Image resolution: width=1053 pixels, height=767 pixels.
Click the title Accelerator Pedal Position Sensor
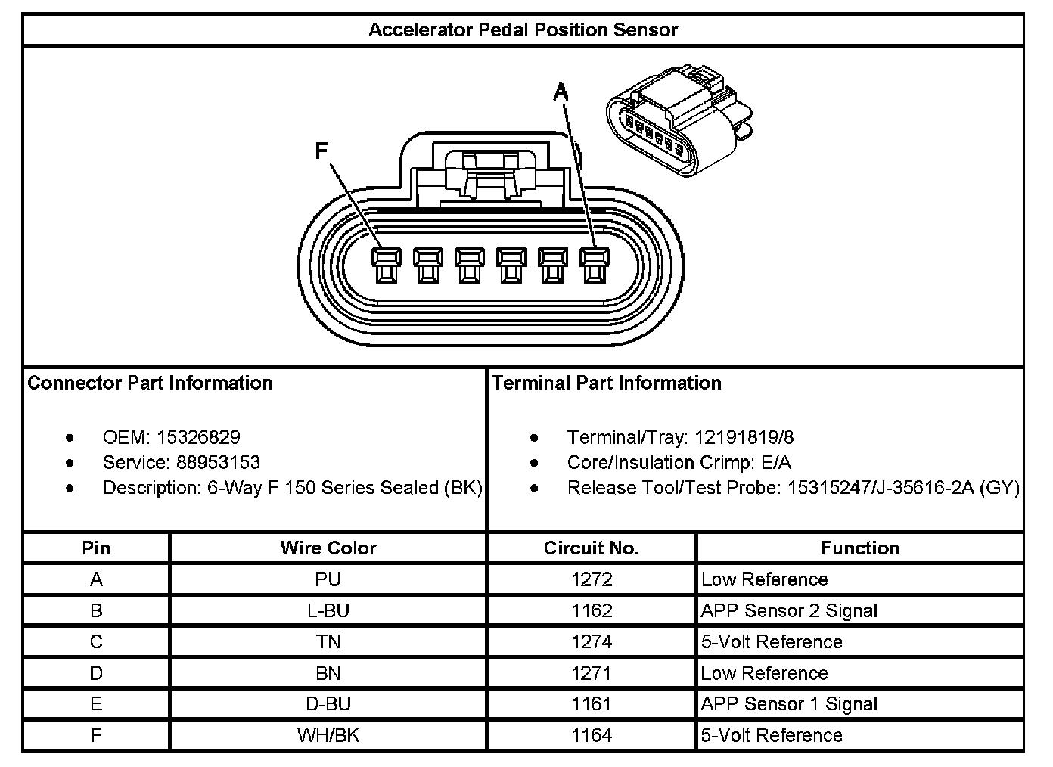[523, 30]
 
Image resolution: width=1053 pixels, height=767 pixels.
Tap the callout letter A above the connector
[561, 92]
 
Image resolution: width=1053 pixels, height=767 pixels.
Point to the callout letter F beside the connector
[321, 151]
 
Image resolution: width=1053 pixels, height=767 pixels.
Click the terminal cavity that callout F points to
[384, 265]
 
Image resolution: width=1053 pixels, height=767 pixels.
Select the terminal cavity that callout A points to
[593, 265]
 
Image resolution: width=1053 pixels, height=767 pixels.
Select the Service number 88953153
[218, 463]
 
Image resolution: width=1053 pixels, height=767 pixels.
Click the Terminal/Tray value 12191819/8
[744, 437]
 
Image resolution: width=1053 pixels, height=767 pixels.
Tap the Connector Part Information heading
[150, 383]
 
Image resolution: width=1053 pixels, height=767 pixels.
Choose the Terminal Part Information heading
[607, 383]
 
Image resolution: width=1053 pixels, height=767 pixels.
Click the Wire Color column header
[328, 548]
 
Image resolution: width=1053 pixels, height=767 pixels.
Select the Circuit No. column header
[592, 548]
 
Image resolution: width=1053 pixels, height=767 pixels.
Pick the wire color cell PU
[328, 580]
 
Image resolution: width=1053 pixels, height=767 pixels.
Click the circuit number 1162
[592, 611]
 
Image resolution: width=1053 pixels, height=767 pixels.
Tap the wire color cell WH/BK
[328, 735]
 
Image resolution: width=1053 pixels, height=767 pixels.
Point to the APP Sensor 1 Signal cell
[789, 704]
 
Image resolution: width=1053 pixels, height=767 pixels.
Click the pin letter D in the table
[96, 673]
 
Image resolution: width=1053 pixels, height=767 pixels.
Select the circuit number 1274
[592, 642]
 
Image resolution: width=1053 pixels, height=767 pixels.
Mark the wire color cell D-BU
[328, 704]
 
